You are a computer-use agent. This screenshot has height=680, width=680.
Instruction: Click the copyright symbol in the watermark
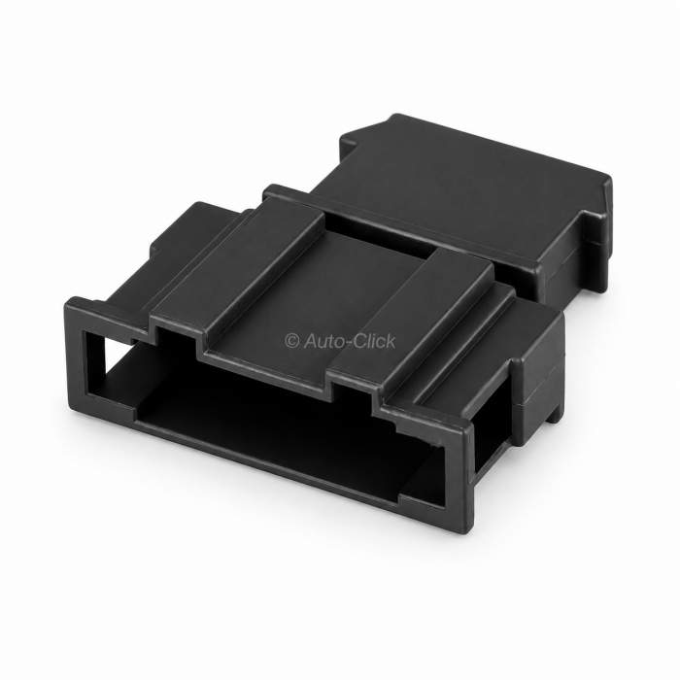(x=292, y=341)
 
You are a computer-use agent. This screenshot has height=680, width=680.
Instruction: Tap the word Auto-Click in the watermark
(x=350, y=341)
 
